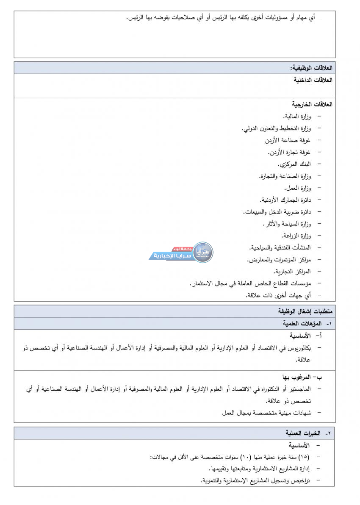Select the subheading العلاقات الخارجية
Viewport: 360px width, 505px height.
312,104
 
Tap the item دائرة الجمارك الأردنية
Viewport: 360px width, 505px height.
285,200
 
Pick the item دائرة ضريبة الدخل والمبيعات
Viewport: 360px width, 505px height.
277,211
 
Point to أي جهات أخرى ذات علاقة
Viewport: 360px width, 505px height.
278,295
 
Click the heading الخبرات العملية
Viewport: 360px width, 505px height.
302,433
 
